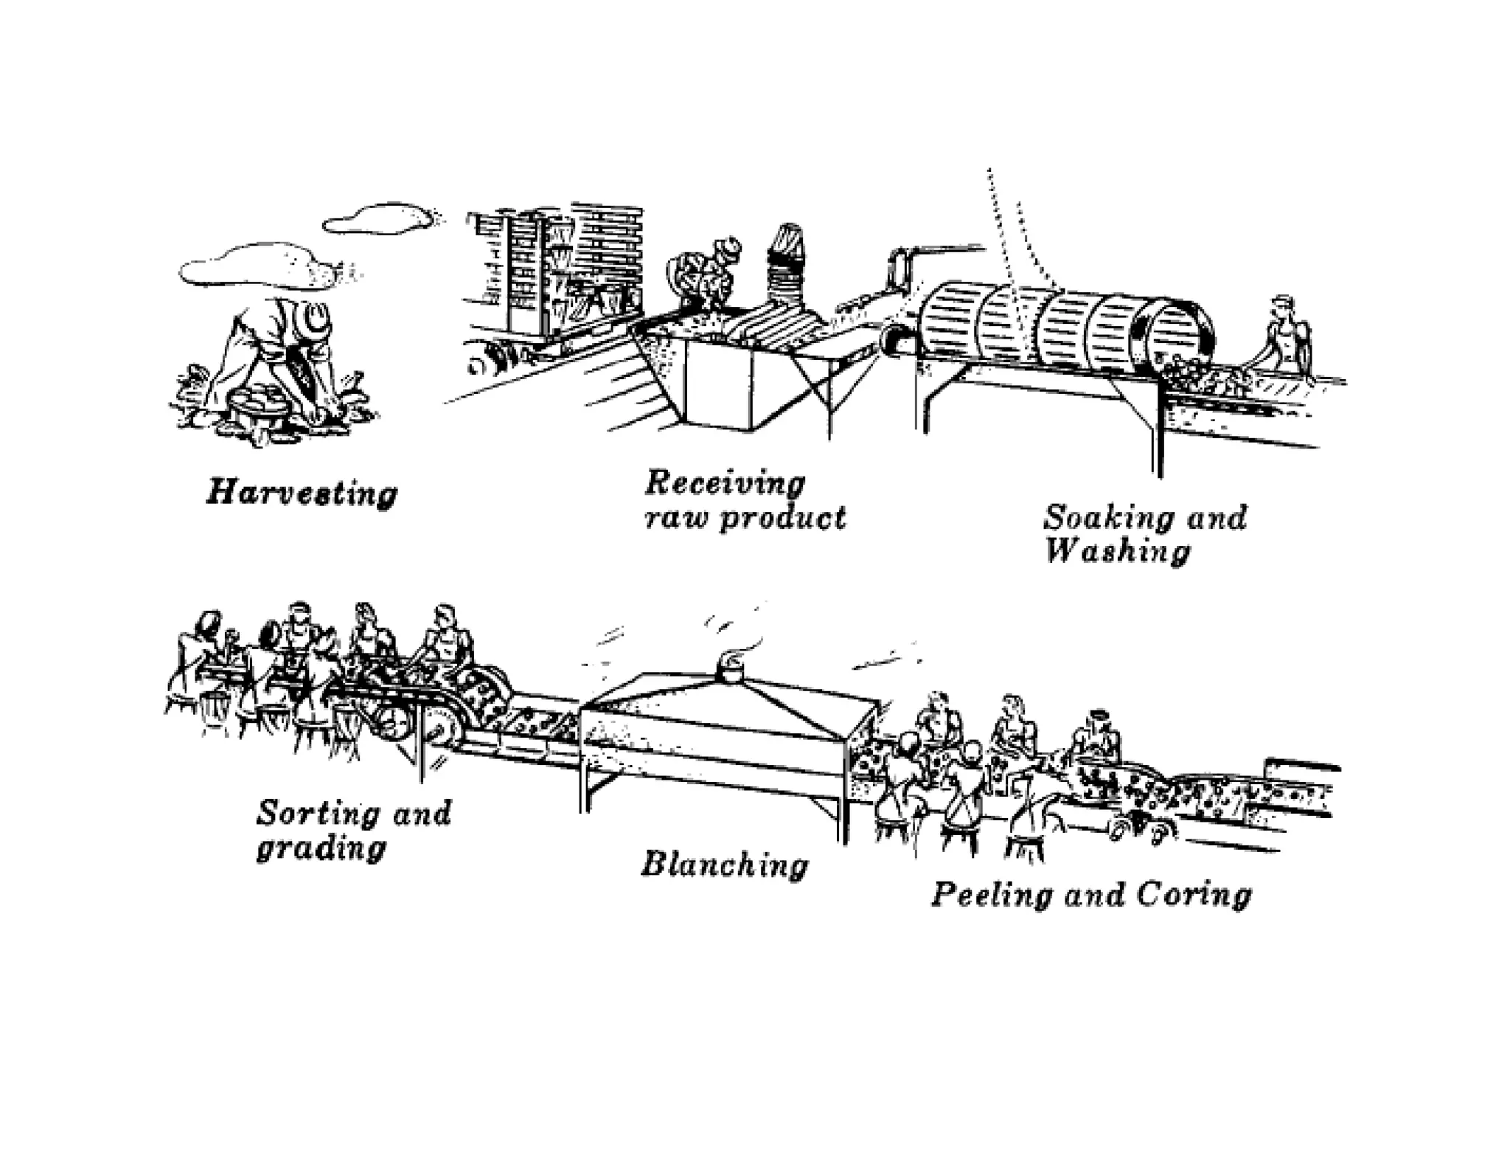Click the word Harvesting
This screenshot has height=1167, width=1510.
tap(302, 492)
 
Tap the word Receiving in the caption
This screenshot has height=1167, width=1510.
tap(725, 483)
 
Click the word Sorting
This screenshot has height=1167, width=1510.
tap(316, 813)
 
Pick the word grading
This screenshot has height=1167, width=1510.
tap(321, 848)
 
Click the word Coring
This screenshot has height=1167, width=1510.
tap(1194, 896)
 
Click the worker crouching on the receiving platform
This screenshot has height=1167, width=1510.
tap(704, 277)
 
